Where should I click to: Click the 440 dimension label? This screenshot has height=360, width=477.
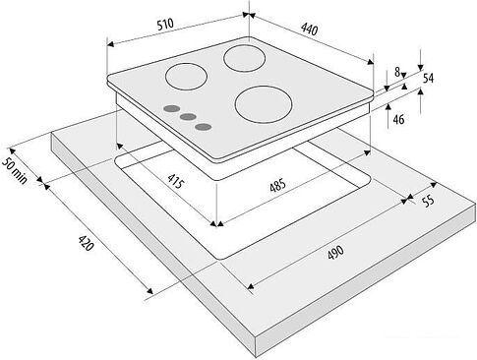pyautogui.click(x=309, y=30)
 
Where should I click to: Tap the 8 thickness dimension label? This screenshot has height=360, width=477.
pyautogui.click(x=397, y=72)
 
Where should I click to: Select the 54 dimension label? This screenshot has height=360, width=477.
pyautogui.click(x=428, y=79)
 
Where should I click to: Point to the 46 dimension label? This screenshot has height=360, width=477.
pyautogui.click(x=398, y=119)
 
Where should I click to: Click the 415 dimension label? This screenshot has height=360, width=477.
pyautogui.click(x=174, y=181)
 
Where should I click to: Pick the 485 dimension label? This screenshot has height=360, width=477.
pyautogui.click(x=277, y=186)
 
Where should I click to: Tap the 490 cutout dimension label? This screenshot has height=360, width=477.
pyautogui.click(x=335, y=253)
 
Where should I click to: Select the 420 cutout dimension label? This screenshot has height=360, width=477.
pyautogui.click(x=86, y=243)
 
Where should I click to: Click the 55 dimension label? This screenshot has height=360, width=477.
pyautogui.click(x=428, y=201)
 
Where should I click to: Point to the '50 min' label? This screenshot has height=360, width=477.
pyautogui.click(x=15, y=170)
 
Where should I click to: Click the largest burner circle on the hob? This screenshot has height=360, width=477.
pyautogui.click(x=264, y=104)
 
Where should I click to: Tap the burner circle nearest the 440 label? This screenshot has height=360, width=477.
pyautogui.click(x=244, y=58)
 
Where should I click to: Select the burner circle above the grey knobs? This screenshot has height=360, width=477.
pyautogui.click(x=186, y=77)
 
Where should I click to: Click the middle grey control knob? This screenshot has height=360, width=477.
pyautogui.click(x=188, y=117)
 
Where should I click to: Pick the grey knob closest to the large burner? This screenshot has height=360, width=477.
pyautogui.click(x=203, y=127)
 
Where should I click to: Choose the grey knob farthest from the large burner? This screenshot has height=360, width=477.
pyautogui.click(x=172, y=109)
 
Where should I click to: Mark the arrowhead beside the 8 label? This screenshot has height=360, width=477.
pyautogui.click(x=403, y=75)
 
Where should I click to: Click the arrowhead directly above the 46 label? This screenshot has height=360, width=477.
pyautogui.click(x=388, y=105)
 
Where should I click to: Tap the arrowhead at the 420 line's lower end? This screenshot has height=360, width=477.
pyautogui.click(x=149, y=291)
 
